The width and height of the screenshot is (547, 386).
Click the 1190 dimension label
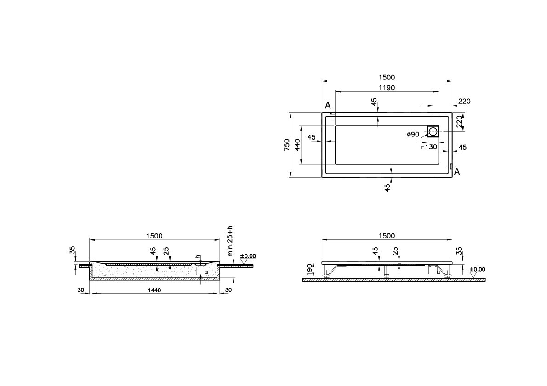coord(387,87)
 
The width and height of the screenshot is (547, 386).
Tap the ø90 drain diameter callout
coord(413,135)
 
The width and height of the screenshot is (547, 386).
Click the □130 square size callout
coord(428,147)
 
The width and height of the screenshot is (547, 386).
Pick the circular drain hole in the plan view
coord(433,132)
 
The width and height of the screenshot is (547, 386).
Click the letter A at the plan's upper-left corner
coord(328,106)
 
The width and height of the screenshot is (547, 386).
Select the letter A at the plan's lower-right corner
coord(457,172)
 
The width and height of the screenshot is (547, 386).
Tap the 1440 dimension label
coord(155,291)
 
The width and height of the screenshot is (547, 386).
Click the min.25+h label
coord(231,241)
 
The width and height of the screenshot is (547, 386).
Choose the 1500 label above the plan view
coord(387,77)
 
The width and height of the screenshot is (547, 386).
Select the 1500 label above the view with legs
coord(387,236)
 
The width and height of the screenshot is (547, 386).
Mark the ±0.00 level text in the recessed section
coord(249,256)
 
